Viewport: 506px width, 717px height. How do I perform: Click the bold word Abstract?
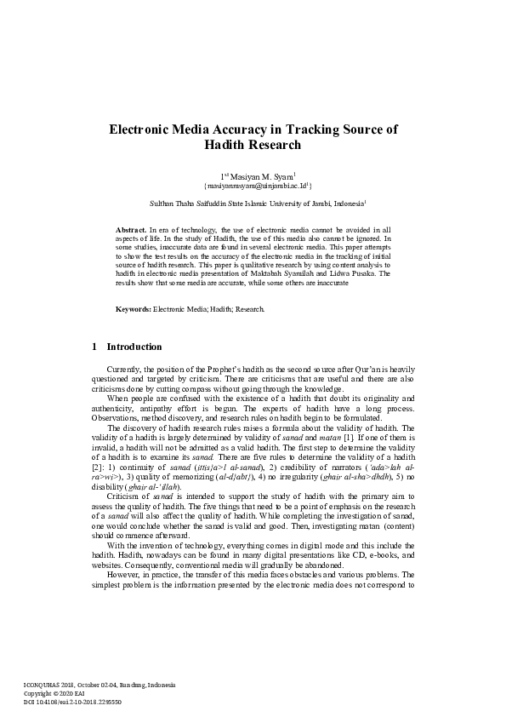pos(130,230)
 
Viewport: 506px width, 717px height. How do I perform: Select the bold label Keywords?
pos(133,307)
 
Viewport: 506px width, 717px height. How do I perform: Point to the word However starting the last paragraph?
pos(124,576)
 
